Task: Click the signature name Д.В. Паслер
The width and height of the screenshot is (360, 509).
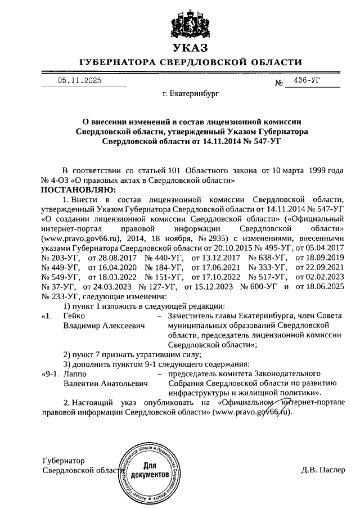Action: click(x=323, y=470)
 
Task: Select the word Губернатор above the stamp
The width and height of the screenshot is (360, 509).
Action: click(x=64, y=461)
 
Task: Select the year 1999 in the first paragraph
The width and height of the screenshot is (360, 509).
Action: click(x=313, y=171)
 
